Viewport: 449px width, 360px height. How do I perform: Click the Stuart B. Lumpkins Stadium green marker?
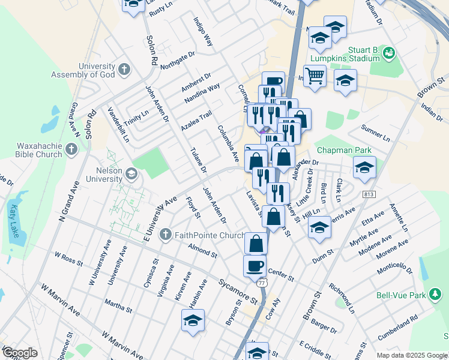coord(389,53)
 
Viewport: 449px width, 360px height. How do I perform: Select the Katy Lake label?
coord(13,221)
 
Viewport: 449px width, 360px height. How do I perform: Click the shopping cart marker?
coord(314,77)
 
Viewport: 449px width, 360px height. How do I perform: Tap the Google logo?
coord(20,352)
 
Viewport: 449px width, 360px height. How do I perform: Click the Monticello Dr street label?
coord(396,266)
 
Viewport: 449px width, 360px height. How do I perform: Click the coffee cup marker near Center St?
coord(255,265)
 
